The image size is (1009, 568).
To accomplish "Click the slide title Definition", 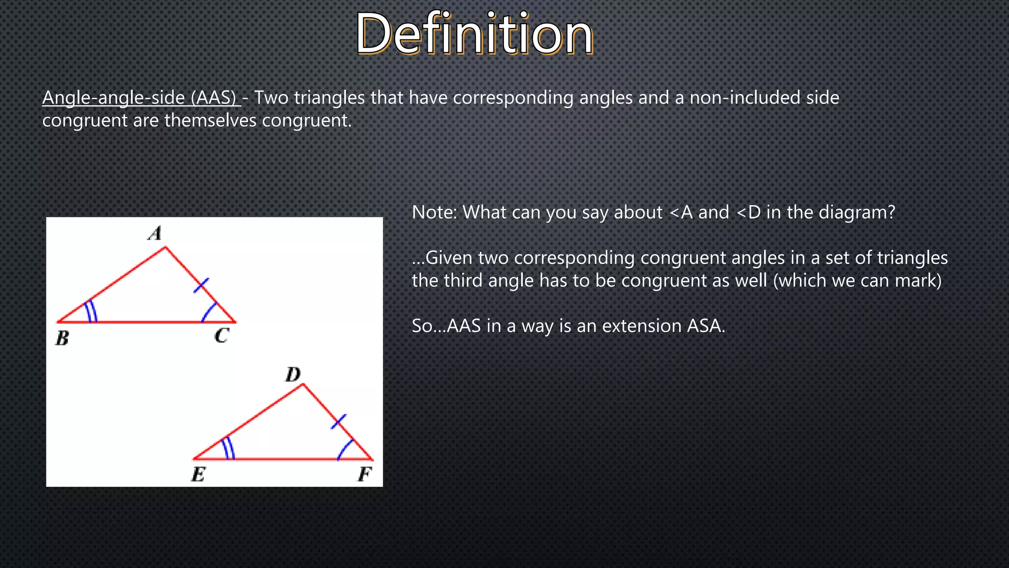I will pyautogui.click(x=474, y=34).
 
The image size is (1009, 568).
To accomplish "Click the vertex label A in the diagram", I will pyautogui.click(x=155, y=233).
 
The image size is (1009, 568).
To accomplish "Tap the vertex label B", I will pyautogui.click(x=63, y=338).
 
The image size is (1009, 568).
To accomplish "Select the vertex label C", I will pyautogui.click(x=222, y=336).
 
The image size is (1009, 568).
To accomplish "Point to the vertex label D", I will pyautogui.click(x=293, y=375).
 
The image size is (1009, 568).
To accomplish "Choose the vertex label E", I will pyautogui.click(x=198, y=475).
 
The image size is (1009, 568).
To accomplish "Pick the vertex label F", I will pyautogui.click(x=365, y=474).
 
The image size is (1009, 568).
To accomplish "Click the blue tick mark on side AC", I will pyautogui.click(x=201, y=285).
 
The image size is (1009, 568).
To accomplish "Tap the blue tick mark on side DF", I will pyautogui.click(x=338, y=422).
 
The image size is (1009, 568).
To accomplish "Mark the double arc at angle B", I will pyautogui.click(x=91, y=312).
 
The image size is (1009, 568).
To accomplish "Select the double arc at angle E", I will pyautogui.click(x=228, y=448).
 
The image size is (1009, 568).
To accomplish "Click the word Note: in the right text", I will pyautogui.click(x=435, y=213).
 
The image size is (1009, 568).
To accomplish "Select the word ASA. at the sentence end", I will pyautogui.click(x=706, y=326).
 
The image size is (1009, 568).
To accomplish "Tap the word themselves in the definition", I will pyautogui.click(x=210, y=120).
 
